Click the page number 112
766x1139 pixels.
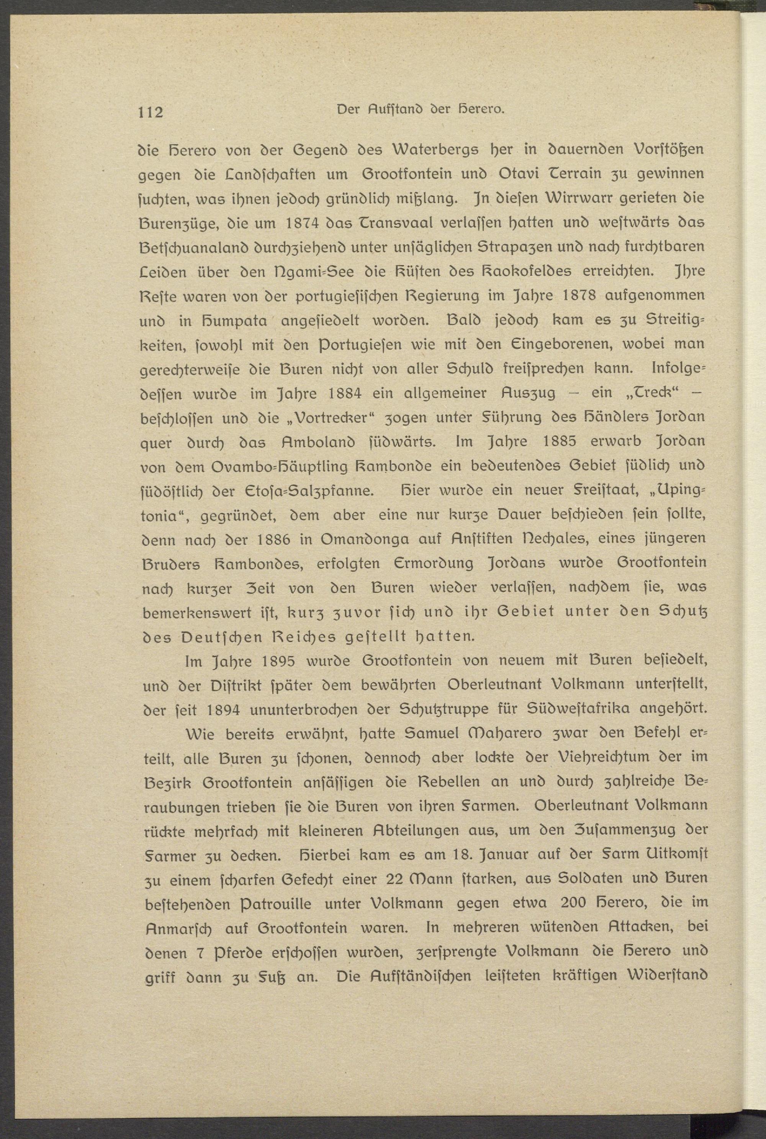pos(151,112)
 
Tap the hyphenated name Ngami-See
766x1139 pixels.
pos(313,271)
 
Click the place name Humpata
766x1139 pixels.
pos(232,320)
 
